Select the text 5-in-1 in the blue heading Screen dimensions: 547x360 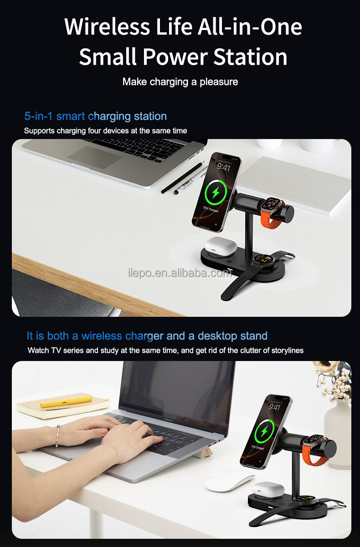pyautogui.click(x=39, y=116)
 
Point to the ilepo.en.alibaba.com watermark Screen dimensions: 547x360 pyautogui.click(x=180, y=273)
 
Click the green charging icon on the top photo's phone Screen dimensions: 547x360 pyautogui.click(x=216, y=193)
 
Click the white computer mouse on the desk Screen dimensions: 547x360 pyautogui.click(x=229, y=481)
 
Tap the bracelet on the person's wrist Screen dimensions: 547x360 pyautogui.click(x=58, y=436)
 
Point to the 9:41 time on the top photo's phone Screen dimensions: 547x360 pyautogui.click(x=223, y=167)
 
